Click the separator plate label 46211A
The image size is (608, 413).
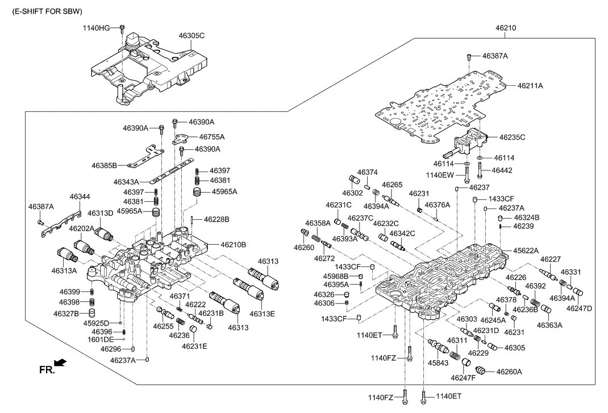pyautogui.click(x=530, y=86)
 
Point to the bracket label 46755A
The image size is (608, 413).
pyautogui.click(x=212, y=137)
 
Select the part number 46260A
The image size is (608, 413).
pyautogui.click(x=509, y=372)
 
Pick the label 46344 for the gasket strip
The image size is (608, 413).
pyautogui.click(x=80, y=197)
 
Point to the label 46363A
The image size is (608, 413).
pyautogui.click(x=550, y=326)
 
